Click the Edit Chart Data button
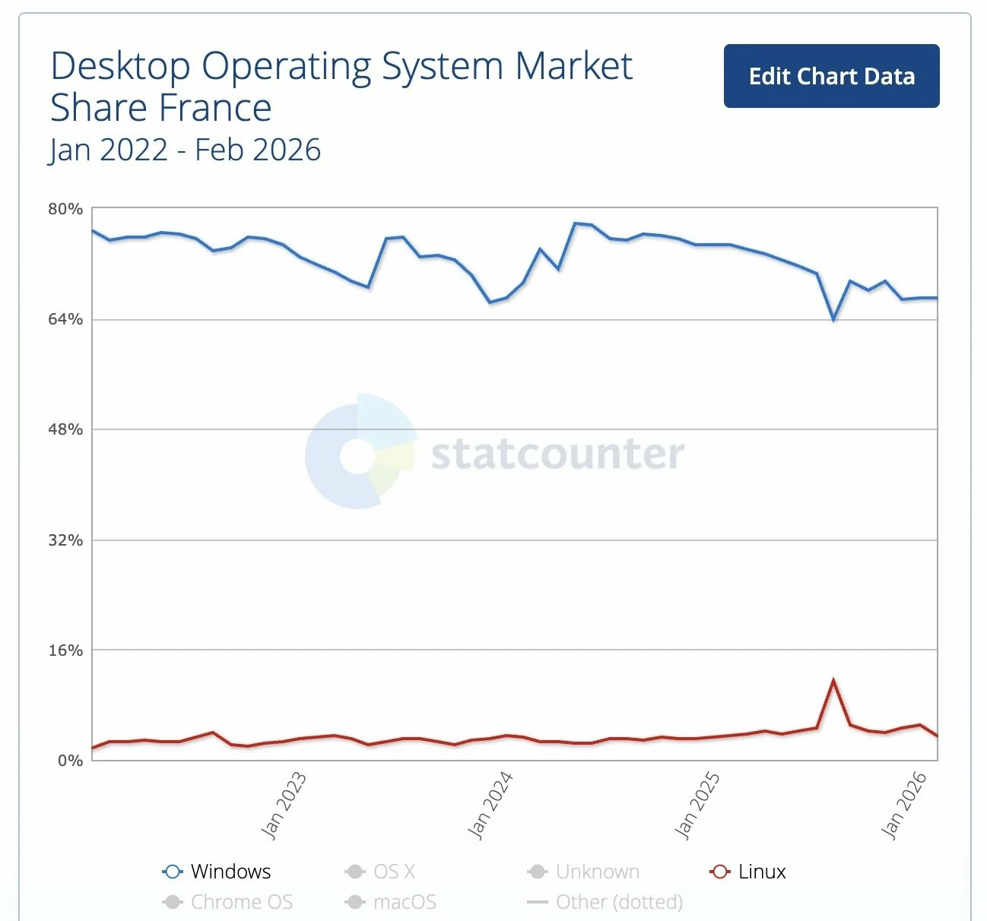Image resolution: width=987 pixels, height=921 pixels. (831, 76)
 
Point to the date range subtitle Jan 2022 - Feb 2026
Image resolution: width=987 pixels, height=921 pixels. (185, 150)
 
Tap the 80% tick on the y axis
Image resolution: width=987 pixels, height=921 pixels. (65, 209)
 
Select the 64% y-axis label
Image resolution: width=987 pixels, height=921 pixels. (65, 319)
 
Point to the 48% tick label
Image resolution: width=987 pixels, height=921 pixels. (65, 429)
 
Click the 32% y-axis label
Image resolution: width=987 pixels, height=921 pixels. (65, 540)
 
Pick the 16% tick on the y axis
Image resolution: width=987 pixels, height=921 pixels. (65, 650)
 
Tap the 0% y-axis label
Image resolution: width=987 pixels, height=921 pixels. (70, 761)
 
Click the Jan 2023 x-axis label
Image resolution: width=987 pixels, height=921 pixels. (284, 805)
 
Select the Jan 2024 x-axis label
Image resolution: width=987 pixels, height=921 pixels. (490, 805)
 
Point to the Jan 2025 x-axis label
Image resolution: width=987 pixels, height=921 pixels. (697, 805)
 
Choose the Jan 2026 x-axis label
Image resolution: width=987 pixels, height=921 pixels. (904, 805)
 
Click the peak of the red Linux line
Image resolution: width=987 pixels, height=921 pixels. (833, 680)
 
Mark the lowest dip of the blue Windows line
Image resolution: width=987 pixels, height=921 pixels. (833, 319)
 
